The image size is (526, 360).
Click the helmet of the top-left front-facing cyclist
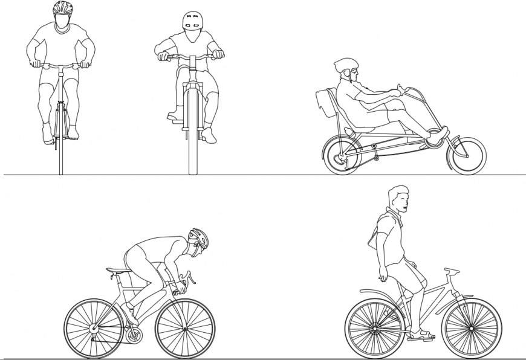[x=62, y=8]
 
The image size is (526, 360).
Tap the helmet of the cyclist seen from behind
[x=192, y=21]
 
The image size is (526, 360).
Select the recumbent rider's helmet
[x=345, y=65]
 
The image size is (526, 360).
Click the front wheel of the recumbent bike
[x=466, y=156]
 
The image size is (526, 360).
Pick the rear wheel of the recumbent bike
[x=341, y=155]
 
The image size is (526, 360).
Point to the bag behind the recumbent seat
[x=325, y=103]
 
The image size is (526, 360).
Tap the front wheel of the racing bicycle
[x=185, y=329]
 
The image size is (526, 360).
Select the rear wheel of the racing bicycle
[x=94, y=329]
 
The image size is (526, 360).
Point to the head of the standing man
[x=398, y=199]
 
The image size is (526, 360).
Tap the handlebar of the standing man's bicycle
[x=451, y=271]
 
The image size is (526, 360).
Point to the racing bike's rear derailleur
[x=134, y=335]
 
